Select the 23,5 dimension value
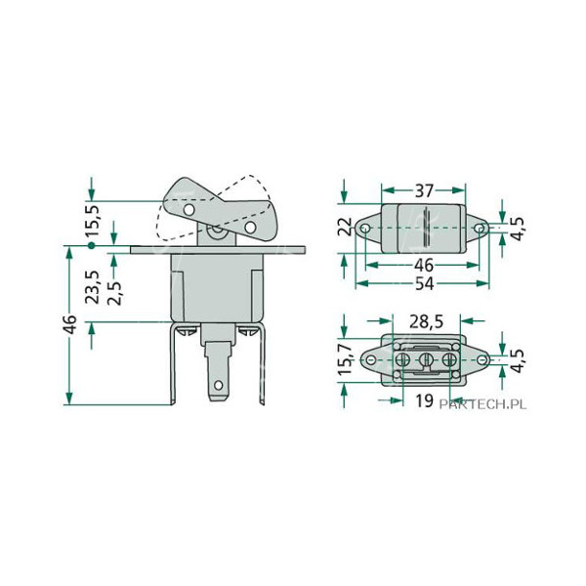[x=95, y=288]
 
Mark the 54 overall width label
[x=423, y=282]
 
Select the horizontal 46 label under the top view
[x=423, y=265]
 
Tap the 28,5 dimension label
[x=425, y=321]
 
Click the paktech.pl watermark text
[x=480, y=402]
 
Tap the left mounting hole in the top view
[x=365, y=230]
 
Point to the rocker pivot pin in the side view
[x=217, y=232]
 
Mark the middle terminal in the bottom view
[x=425, y=362]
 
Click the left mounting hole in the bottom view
[x=372, y=362]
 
